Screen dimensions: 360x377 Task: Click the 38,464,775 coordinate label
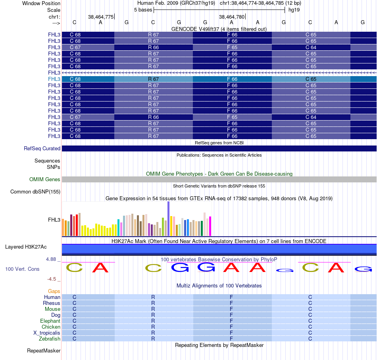pos(101,17)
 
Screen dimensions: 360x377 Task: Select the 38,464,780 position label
pos(231,17)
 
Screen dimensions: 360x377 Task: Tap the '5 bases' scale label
pos(143,10)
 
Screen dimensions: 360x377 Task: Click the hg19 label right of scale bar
pos(294,10)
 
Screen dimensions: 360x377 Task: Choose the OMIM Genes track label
pos(45,180)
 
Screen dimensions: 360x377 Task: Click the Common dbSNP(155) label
pos(35,192)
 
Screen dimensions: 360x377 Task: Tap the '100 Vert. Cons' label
pos(22,269)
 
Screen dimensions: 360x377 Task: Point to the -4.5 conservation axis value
pos(53,279)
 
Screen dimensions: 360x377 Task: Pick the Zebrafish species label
pos(50,339)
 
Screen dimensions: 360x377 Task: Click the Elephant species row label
pos(50,321)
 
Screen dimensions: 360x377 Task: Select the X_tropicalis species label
pos(47,333)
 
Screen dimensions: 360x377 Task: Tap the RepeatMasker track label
pos(44,351)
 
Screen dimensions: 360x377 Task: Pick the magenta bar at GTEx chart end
pos(210,226)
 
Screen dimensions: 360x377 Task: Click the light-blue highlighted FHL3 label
pos(54,79)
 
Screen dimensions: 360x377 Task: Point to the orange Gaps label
pos(54,291)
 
